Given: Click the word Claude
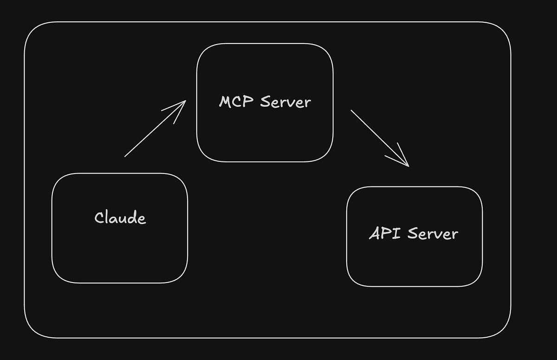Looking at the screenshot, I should [x=120, y=218].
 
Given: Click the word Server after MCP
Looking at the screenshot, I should [x=285, y=102].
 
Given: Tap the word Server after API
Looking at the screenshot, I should [x=433, y=233].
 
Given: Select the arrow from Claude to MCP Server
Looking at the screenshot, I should [x=153, y=130].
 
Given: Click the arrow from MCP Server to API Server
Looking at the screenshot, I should [x=378, y=137].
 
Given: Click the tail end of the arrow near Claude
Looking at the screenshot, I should [x=125, y=156].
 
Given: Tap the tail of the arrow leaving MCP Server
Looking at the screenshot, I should [x=352, y=111].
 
